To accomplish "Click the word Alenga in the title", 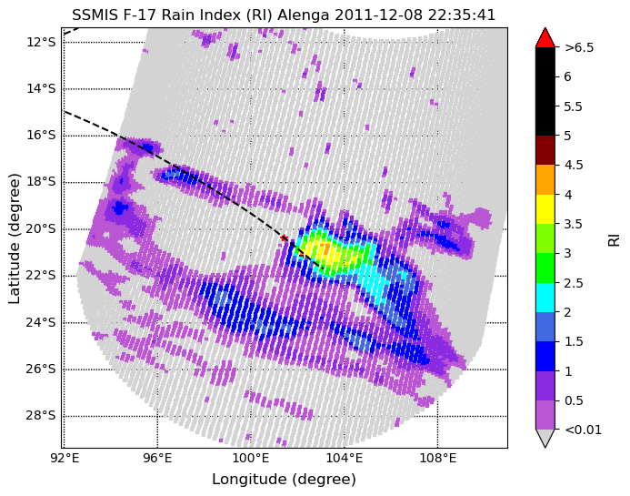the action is tap(304, 15).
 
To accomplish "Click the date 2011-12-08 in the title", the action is tap(379, 15).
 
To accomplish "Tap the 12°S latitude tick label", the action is tap(41, 42).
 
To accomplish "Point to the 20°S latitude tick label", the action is tap(41, 229).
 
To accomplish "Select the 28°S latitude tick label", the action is tap(41, 416).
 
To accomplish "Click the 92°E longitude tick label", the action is tap(65, 458).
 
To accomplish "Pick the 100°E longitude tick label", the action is tap(251, 458).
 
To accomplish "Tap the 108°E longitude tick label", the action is tap(438, 458).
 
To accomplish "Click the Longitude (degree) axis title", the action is tap(284, 479).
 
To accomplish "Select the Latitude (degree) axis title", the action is tap(14, 239).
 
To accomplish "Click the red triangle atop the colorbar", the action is tap(545, 38).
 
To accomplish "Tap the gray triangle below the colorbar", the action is tap(545, 438).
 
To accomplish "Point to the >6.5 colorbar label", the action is tap(579, 47).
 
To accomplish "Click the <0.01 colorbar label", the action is tap(583, 430).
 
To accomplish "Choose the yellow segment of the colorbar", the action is tap(545, 209).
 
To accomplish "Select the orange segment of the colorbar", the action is tap(545, 180).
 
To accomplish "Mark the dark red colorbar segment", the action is tap(545, 150).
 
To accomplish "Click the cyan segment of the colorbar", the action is tap(545, 298).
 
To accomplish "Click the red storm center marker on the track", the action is tap(284, 238).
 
